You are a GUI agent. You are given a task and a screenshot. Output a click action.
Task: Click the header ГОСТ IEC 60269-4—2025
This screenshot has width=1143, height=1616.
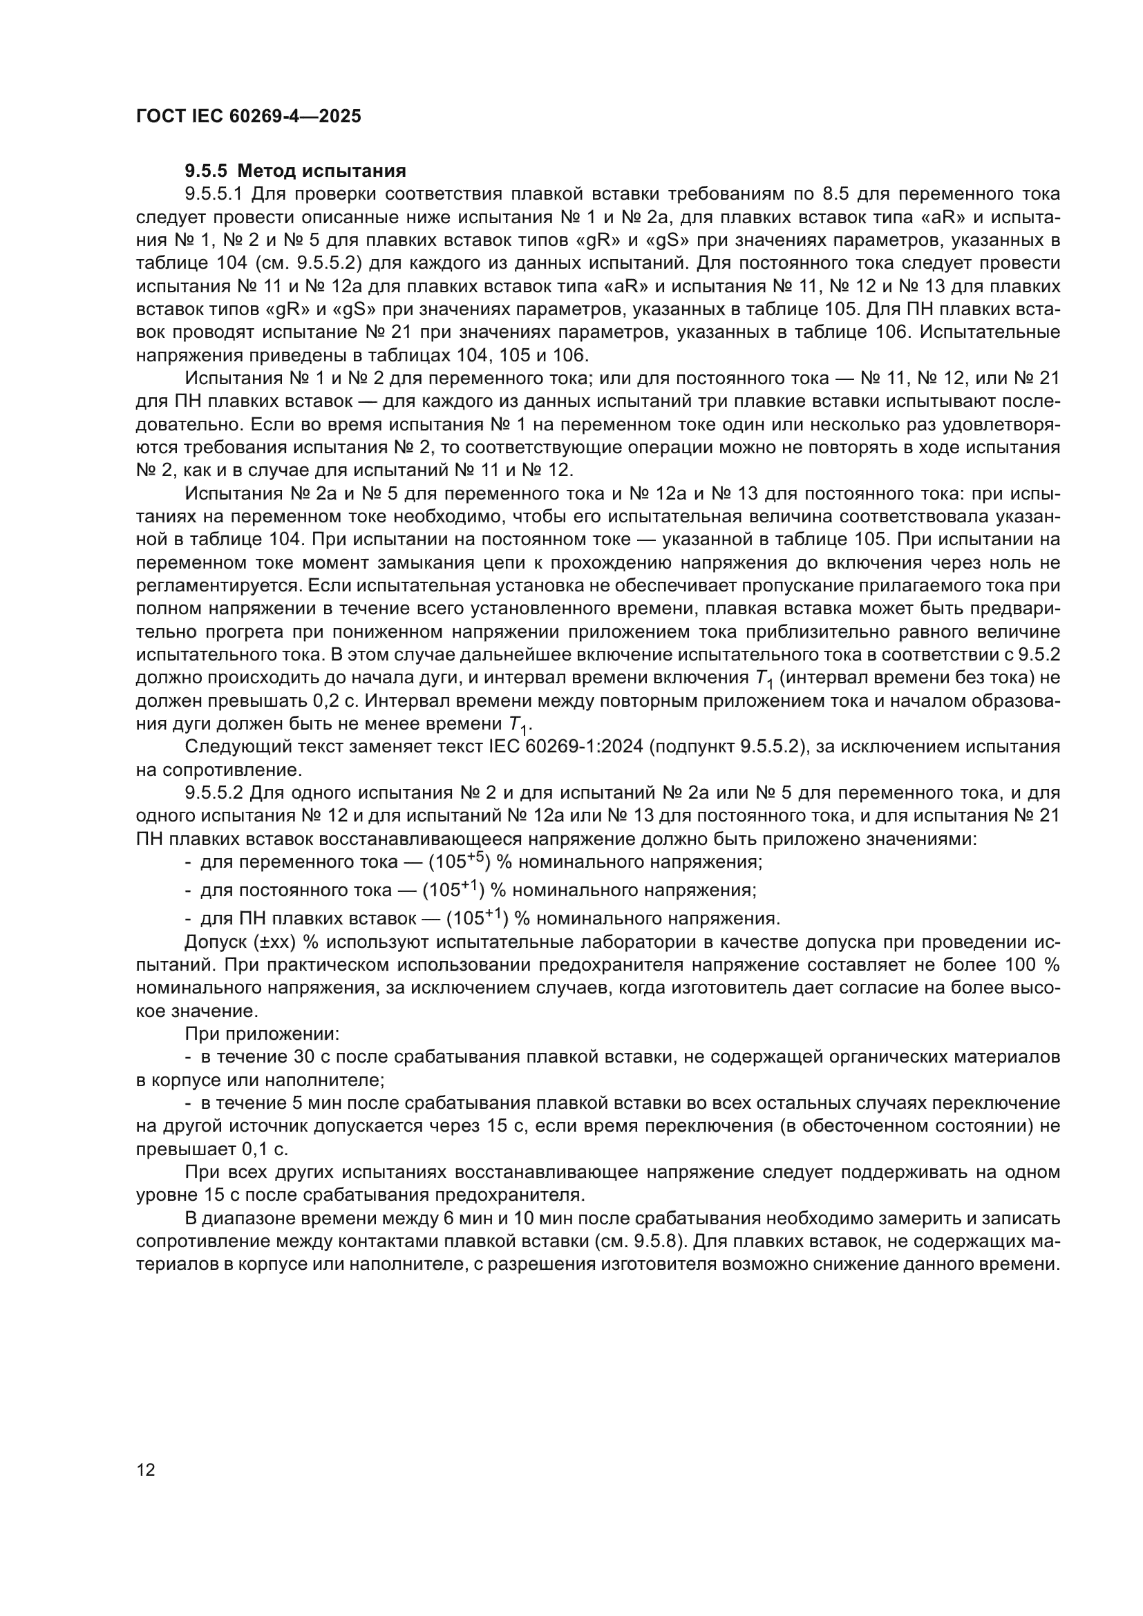pos(249,116)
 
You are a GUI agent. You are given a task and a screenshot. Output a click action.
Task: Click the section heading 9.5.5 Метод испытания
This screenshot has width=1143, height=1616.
pos(296,171)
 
